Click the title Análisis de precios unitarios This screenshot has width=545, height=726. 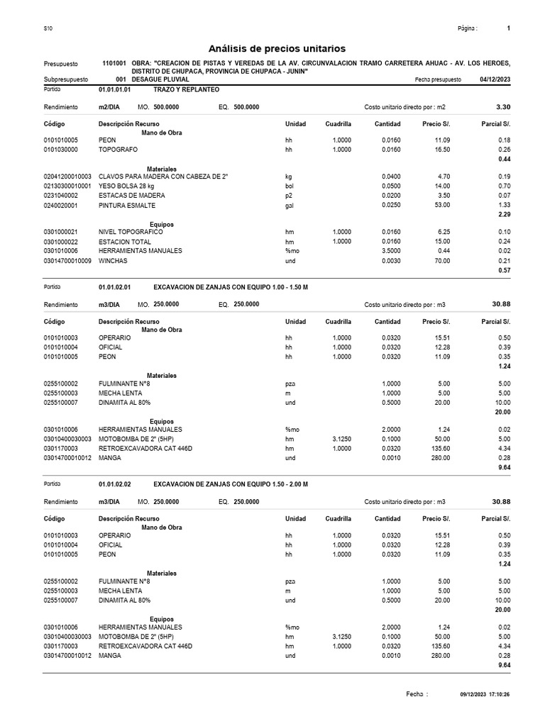pos(277,48)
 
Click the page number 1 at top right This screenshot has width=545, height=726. pos(509,28)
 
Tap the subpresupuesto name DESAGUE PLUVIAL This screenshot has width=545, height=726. pos(160,80)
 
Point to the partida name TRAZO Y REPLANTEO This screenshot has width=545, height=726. pos(186,91)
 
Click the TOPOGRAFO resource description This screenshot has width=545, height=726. pos(118,150)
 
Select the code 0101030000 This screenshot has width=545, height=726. pos(61,150)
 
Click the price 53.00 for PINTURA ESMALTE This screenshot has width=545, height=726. pos(441,204)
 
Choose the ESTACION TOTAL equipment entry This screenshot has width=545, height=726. pos(125,241)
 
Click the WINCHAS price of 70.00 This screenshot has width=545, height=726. pos(441,260)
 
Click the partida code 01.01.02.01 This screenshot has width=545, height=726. pos(115,288)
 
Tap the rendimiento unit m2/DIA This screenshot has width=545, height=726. pos(109,107)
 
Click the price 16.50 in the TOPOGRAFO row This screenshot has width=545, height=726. pos(441,150)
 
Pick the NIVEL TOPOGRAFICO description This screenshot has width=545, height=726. pos(131,232)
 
